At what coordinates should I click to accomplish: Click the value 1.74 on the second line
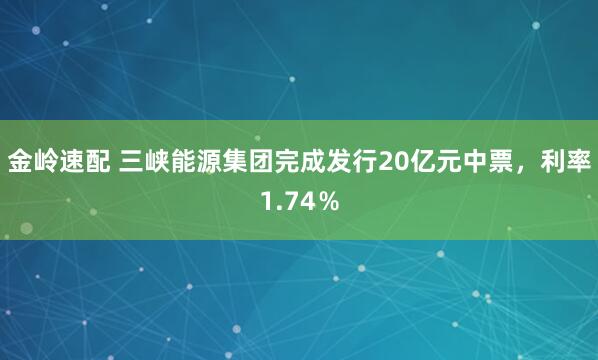coord(285,203)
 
